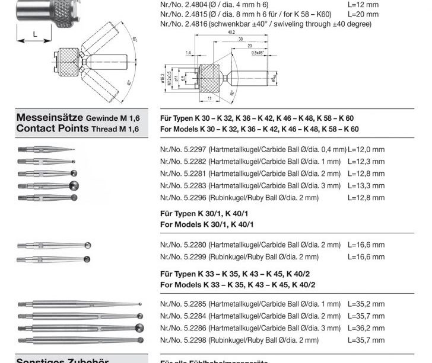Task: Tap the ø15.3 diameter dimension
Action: [163, 78]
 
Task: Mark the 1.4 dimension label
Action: [188, 54]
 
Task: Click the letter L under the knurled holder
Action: [34, 34]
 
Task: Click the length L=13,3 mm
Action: [366, 185]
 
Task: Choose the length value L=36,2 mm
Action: [366, 328]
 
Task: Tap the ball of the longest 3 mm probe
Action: [139, 327]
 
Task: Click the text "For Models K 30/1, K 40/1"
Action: [207, 224]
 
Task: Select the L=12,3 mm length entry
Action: [366, 161]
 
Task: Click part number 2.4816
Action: [183, 24]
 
